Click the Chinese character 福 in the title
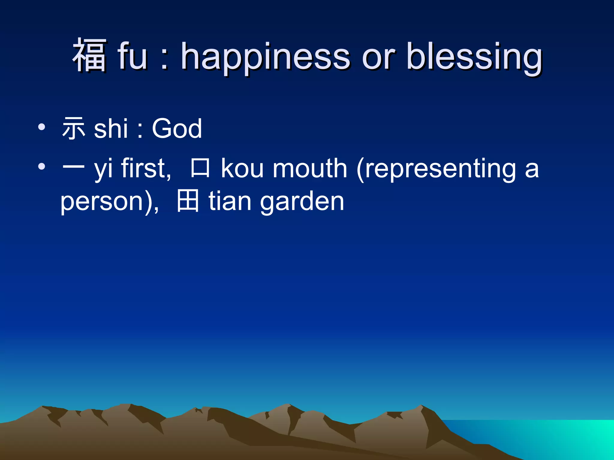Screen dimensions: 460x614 pyautogui.click(x=89, y=56)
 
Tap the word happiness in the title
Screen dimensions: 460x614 pyautogui.click(x=265, y=57)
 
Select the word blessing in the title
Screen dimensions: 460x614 pyautogui.click(x=474, y=57)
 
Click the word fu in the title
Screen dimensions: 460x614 pyautogui.click(x=132, y=56)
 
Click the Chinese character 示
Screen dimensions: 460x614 pyautogui.click(x=73, y=129)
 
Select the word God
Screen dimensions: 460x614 pyautogui.click(x=177, y=129)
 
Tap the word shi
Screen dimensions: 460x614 pyautogui.click(x=111, y=129)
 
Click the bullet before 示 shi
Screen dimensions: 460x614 pyautogui.click(x=42, y=127)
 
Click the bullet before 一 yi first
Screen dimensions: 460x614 pyautogui.click(x=42, y=167)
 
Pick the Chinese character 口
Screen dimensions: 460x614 pyautogui.click(x=200, y=168)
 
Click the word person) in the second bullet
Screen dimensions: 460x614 pyautogui.click(x=109, y=202)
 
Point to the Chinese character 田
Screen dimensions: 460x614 pyautogui.click(x=188, y=201)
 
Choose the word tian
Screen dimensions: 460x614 pyautogui.click(x=230, y=201)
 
